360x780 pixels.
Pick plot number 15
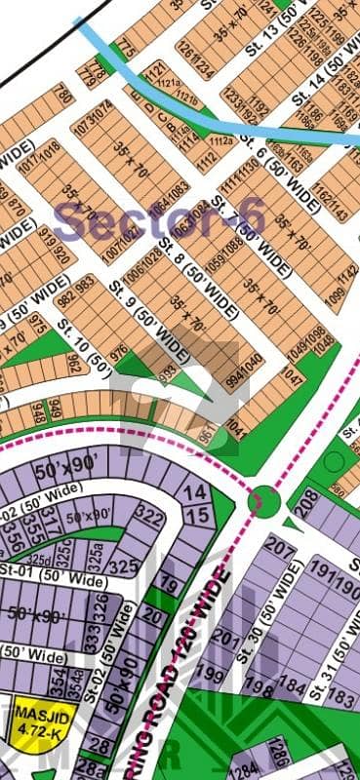197,515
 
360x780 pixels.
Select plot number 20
151,614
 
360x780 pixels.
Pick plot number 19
168,585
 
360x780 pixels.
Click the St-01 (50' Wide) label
54,582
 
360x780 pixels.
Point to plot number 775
124,46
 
